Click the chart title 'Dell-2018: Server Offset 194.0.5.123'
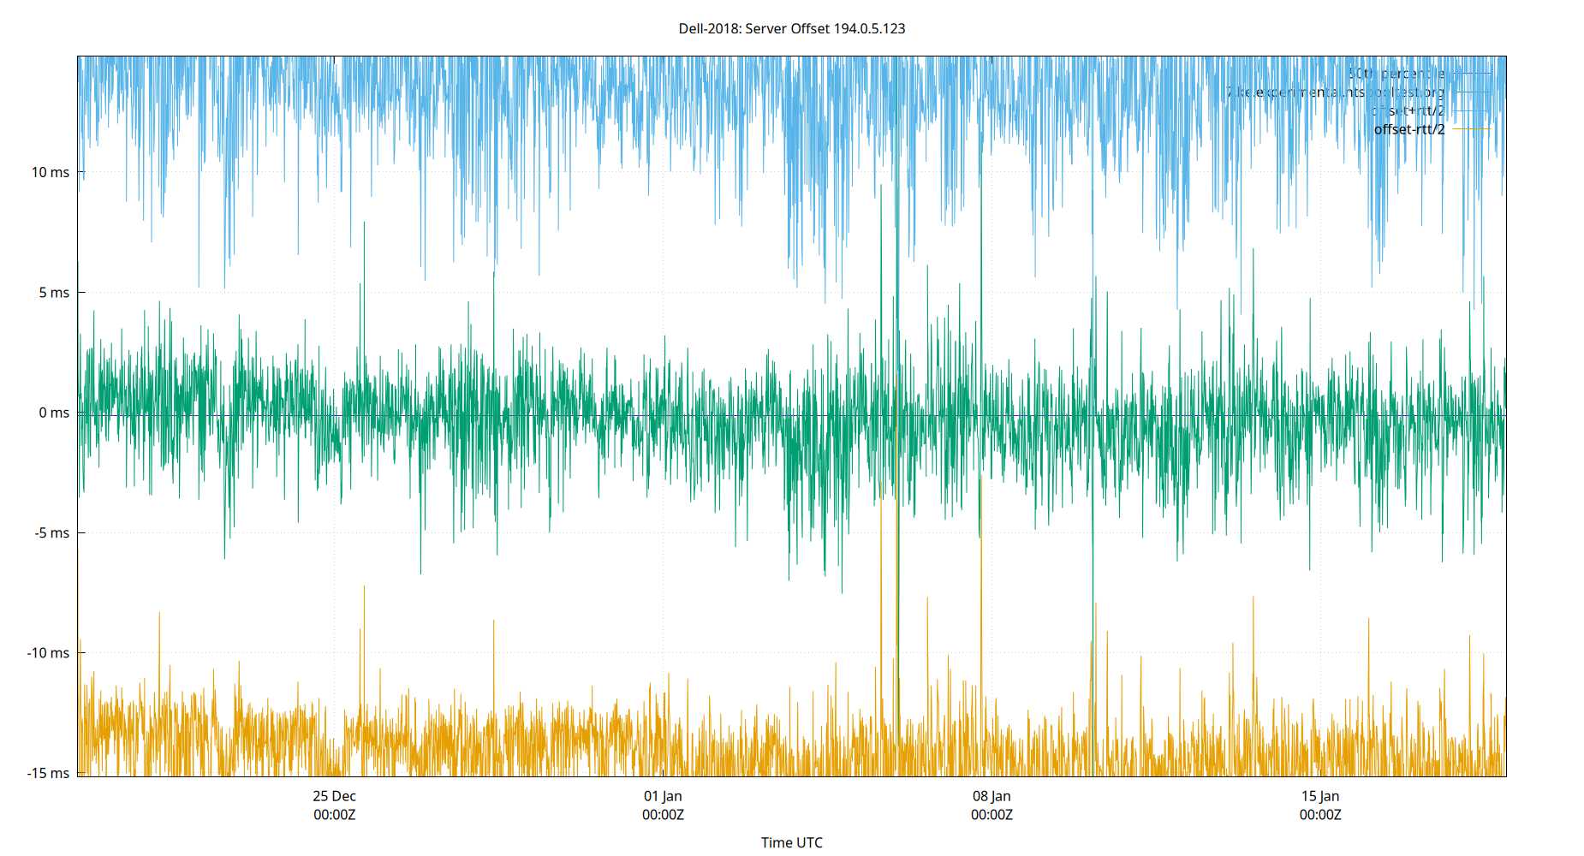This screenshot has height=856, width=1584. (x=791, y=28)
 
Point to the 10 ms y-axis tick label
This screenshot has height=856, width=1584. (x=51, y=172)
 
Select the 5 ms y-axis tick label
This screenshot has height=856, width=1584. (x=54, y=293)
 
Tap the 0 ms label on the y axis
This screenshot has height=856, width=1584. (x=54, y=413)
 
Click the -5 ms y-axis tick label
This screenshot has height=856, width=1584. (x=52, y=532)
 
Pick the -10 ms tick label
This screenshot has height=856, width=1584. (x=49, y=653)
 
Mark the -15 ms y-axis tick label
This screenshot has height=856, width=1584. (x=49, y=773)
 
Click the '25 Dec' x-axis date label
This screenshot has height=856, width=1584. (x=334, y=796)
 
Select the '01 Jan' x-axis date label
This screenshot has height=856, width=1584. (x=663, y=796)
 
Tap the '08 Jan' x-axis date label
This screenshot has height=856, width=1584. (x=991, y=796)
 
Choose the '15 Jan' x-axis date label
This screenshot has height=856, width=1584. (x=1320, y=796)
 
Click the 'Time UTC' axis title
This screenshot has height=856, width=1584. (x=791, y=842)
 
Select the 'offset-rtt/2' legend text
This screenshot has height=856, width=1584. (x=1408, y=129)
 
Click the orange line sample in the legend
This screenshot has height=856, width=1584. (x=1472, y=129)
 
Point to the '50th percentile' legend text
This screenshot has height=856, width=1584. (x=1396, y=74)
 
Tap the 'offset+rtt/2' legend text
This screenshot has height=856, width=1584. (x=1408, y=110)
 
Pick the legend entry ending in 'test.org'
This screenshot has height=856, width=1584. (x=1336, y=92)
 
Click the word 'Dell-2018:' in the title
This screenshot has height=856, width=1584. (x=710, y=28)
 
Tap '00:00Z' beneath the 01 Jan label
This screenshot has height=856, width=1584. (x=663, y=815)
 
